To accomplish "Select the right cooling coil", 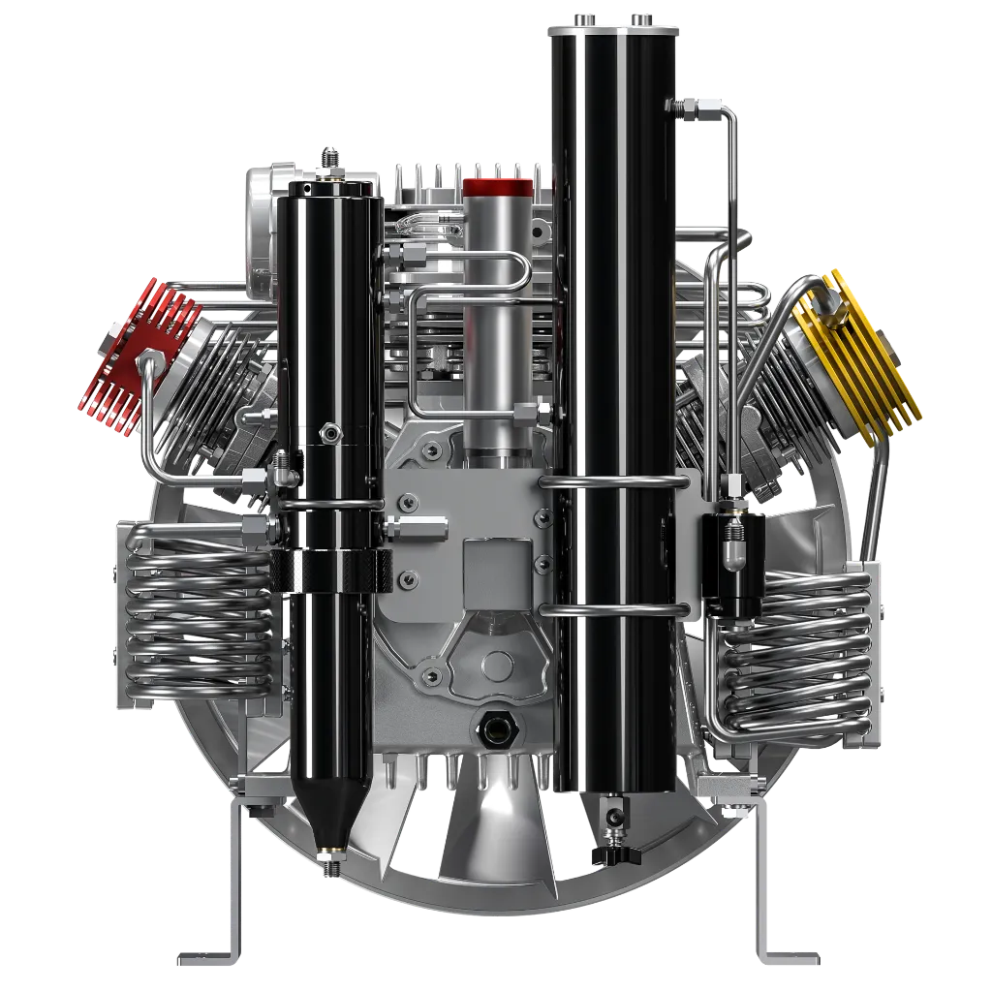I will pos(794,649).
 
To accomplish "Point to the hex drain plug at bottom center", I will pos(497,727).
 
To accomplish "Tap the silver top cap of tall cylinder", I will pos(612,27).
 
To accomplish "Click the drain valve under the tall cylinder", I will pos(613,823).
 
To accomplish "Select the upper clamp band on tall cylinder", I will pos(613,481).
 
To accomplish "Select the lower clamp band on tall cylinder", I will pos(613,610).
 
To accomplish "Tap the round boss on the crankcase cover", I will pos(498,666).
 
